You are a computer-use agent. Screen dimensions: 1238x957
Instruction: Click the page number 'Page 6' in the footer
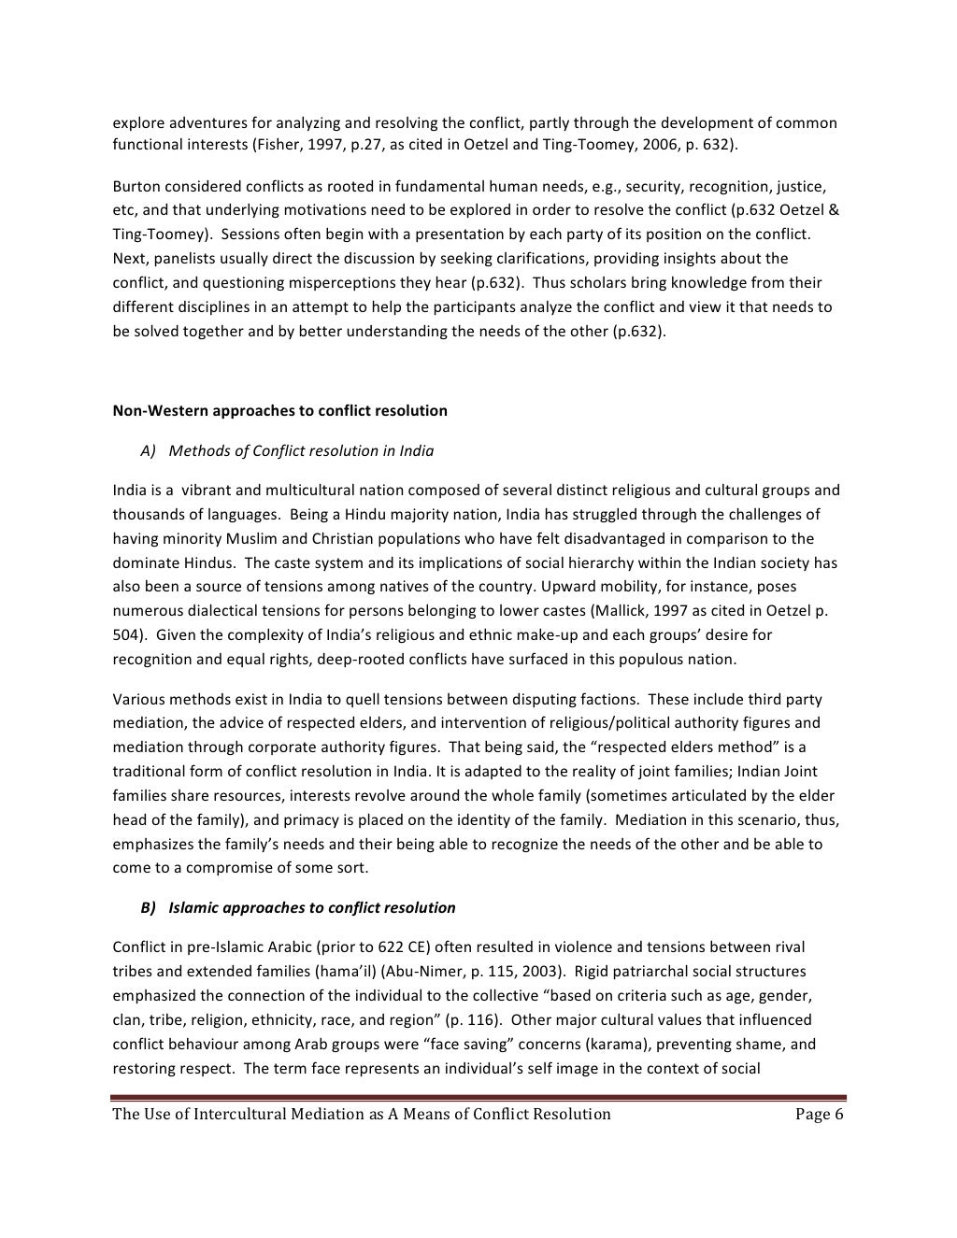[819, 1114]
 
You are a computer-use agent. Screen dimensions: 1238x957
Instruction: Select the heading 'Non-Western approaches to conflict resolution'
[279, 410]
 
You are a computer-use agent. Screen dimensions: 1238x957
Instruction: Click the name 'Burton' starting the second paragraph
[136, 186]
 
